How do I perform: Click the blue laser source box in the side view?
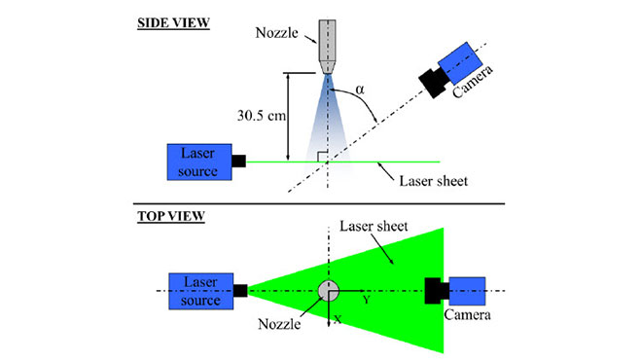click(x=198, y=162)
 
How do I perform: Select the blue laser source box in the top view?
click(x=199, y=290)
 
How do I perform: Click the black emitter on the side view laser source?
click(x=236, y=162)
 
